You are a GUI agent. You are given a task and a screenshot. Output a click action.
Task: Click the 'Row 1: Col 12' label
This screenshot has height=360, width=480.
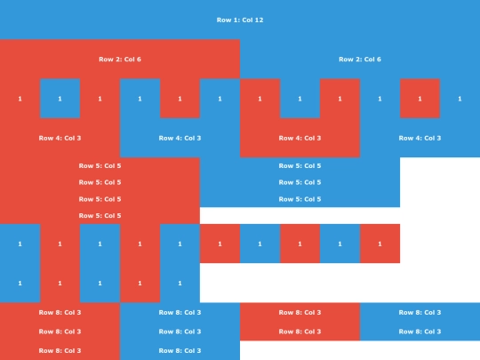240,20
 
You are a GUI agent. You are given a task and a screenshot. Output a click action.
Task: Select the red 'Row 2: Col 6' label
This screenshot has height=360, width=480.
120,59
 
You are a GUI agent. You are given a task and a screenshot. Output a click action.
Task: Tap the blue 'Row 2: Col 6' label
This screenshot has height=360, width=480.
360,59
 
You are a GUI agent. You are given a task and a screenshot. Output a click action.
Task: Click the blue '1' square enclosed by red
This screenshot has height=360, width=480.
60,99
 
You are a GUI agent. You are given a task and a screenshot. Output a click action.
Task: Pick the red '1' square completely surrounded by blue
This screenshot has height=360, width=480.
420,99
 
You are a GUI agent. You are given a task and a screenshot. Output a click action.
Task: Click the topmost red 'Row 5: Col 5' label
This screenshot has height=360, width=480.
100,165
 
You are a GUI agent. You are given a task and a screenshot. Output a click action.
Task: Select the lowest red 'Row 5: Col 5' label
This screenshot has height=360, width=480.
100,215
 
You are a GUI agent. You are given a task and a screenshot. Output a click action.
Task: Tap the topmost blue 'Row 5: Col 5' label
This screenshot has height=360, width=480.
300,165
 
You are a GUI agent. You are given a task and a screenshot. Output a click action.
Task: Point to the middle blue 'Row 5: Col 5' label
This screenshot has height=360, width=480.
300,182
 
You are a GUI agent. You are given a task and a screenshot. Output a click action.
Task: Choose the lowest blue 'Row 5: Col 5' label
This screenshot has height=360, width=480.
300,199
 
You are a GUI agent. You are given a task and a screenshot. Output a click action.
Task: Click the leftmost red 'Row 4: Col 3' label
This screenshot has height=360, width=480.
60,138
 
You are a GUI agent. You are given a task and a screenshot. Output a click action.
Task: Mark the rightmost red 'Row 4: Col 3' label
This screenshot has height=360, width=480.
300,138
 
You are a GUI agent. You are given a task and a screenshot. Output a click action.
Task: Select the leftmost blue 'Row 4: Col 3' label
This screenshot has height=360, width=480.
180,138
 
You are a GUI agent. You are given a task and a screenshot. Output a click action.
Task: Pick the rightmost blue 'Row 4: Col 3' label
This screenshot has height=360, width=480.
420,138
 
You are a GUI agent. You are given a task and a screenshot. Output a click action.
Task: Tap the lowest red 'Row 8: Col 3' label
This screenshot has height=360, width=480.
60,350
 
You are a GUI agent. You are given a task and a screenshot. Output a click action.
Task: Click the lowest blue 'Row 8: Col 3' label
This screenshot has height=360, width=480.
180,350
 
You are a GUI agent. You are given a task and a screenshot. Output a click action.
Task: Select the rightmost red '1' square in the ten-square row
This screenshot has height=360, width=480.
380,244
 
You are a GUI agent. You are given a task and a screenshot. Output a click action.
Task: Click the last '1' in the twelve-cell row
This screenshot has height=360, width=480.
460,99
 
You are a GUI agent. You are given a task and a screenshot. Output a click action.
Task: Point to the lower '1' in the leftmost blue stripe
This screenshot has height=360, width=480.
20,284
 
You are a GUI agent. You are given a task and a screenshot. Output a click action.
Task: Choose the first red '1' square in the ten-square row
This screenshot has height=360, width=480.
60,244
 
